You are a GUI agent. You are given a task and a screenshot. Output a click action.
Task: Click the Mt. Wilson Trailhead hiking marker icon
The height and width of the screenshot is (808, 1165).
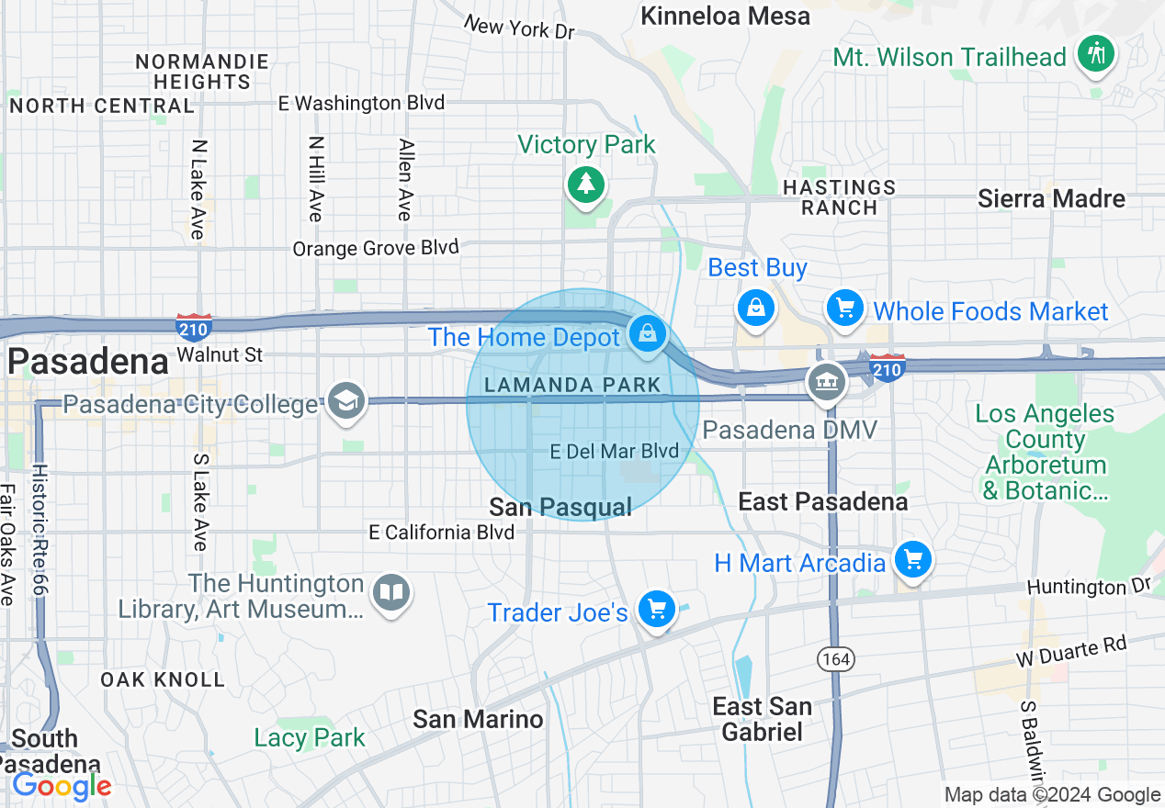click(1095, 53)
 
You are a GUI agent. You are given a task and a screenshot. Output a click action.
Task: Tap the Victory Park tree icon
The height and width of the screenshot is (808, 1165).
click(584, 184)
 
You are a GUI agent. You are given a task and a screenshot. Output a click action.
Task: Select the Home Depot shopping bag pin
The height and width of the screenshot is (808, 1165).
click(648, 332)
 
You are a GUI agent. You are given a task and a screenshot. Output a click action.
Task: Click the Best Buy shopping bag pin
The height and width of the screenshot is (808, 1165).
click(755, 308)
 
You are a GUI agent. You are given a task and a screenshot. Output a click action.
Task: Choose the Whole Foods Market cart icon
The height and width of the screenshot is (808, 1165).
click(844, 308)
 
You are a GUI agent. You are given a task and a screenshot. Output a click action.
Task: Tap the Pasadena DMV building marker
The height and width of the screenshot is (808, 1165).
click(826, 381)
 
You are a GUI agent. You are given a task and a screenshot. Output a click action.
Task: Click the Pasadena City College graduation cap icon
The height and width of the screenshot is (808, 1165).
click(346, 401)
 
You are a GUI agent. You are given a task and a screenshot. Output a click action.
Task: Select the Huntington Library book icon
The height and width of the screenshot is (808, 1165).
click(391, 591)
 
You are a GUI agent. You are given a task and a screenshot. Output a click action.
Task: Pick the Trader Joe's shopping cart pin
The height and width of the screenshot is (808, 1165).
click(657, 609)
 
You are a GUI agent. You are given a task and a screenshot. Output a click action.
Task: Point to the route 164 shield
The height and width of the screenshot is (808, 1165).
click(837, 658)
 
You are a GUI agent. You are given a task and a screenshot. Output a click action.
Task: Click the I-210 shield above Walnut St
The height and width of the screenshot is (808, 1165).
click(194, 326)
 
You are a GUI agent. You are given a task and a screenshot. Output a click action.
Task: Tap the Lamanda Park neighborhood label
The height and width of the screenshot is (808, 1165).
click(572, 385)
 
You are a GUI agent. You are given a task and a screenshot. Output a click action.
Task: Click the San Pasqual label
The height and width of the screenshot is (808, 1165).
click(560, 507)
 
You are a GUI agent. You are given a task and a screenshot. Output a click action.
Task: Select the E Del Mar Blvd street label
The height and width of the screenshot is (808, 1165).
click(614, 451)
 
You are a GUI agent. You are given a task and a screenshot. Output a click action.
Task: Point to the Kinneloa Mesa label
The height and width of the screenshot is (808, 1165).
click(725, 16)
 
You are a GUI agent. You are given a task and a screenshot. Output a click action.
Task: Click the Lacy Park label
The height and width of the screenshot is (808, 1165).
click(310, 737)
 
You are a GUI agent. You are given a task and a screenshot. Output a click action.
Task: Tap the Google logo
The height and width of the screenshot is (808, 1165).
click(62, 786)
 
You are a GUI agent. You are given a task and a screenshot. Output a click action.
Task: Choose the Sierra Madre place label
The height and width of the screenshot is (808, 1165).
click(1051, 198)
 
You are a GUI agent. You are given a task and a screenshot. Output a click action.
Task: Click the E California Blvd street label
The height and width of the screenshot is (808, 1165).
click(442, 532)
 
